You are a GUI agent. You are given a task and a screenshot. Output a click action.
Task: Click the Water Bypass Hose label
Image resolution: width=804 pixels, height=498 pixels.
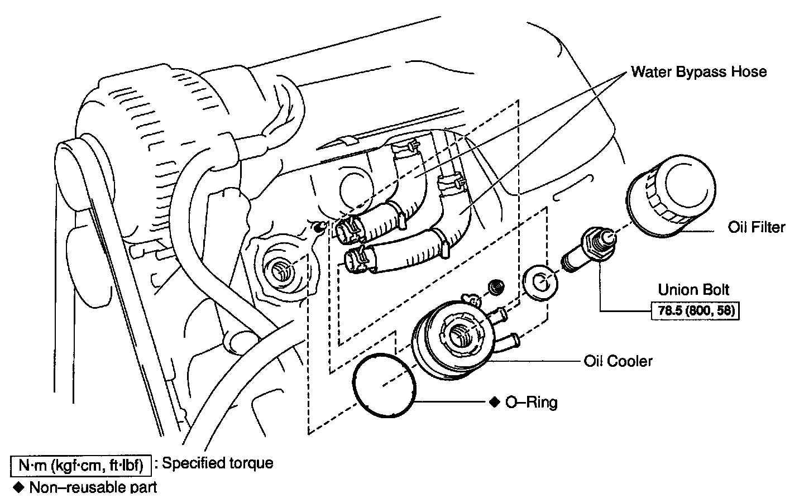[698, 72]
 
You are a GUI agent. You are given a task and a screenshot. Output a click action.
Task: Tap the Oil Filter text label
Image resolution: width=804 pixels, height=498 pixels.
[757, 227]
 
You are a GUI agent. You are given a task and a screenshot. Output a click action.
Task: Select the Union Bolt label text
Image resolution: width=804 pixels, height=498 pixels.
[693, 290]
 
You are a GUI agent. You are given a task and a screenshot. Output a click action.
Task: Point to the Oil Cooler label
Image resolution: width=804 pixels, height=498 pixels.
[618, 361]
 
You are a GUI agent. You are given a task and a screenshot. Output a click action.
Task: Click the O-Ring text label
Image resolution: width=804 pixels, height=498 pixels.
[531, 402]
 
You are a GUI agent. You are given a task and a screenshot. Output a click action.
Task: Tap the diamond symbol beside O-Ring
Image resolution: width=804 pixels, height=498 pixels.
[494, 402]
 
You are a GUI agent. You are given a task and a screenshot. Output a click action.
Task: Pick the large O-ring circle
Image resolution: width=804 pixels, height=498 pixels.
[384, 383]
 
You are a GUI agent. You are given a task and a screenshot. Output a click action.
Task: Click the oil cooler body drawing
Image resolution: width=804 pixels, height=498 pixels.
[452, 341]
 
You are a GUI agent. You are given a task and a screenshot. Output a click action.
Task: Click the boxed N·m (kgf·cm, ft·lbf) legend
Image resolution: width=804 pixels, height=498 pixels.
[80, 463]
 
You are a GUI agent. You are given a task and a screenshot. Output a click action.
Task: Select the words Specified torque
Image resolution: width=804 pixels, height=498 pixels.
[218, 463]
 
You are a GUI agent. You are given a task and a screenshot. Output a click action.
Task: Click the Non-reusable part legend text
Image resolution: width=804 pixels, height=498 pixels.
[93, 487]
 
